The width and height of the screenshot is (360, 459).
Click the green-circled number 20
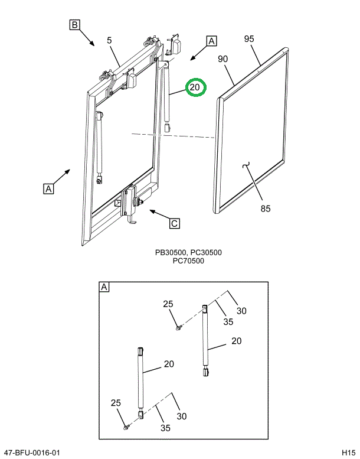click(x=195, y=87)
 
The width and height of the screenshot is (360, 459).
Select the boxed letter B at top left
click(x=74, y=25)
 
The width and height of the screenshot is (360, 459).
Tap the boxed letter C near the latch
click(x=174, y=224)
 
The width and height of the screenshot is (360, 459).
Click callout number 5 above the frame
click(x=109, y=40)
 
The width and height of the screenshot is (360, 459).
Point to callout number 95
click(x=249, y=38)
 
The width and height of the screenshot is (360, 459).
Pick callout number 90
click(x=222, y=59)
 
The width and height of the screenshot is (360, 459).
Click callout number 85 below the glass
click(x=266, y=209)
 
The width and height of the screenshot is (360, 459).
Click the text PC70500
click(x=188, y=261)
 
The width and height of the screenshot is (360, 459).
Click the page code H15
click(x=349, y=453)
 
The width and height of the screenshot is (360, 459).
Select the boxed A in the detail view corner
click(x=104, y=287)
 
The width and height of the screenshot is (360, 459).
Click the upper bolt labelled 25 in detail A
click(x=178, y=328)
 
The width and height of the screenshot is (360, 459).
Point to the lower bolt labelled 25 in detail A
click(x=126, y=427)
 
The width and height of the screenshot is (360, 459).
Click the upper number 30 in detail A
click(x=241, y=311)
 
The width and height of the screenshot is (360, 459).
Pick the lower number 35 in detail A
click(x=165, y=428)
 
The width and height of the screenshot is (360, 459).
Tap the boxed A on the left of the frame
click(x=48, y=188)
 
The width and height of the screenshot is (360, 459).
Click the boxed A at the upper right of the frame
click(x=211, y=41)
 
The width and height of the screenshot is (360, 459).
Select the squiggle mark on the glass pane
click(x=246, y=165)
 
